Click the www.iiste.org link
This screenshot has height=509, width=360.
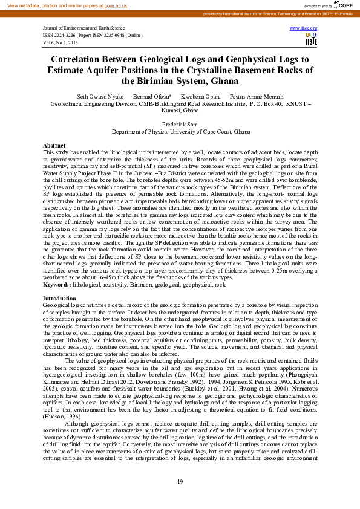(x=304, y=28)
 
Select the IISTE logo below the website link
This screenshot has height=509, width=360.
(x=311, y=40)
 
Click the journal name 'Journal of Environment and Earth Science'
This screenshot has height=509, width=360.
(x=83, y=28)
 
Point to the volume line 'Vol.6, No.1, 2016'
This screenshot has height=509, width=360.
(x=62, y=42)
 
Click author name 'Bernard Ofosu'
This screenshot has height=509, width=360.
(x=152, y=97)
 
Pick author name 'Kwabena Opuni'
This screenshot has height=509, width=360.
(x=200, y=97)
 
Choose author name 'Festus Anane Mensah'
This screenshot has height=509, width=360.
(x=257, y=97)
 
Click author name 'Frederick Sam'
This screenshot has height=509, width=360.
(x=181, y=123)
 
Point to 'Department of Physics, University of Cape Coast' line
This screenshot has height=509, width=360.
(x=180, y=131)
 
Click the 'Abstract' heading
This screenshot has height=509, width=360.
(x=54, y=146)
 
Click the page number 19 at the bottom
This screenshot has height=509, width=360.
(x=180, y=481)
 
